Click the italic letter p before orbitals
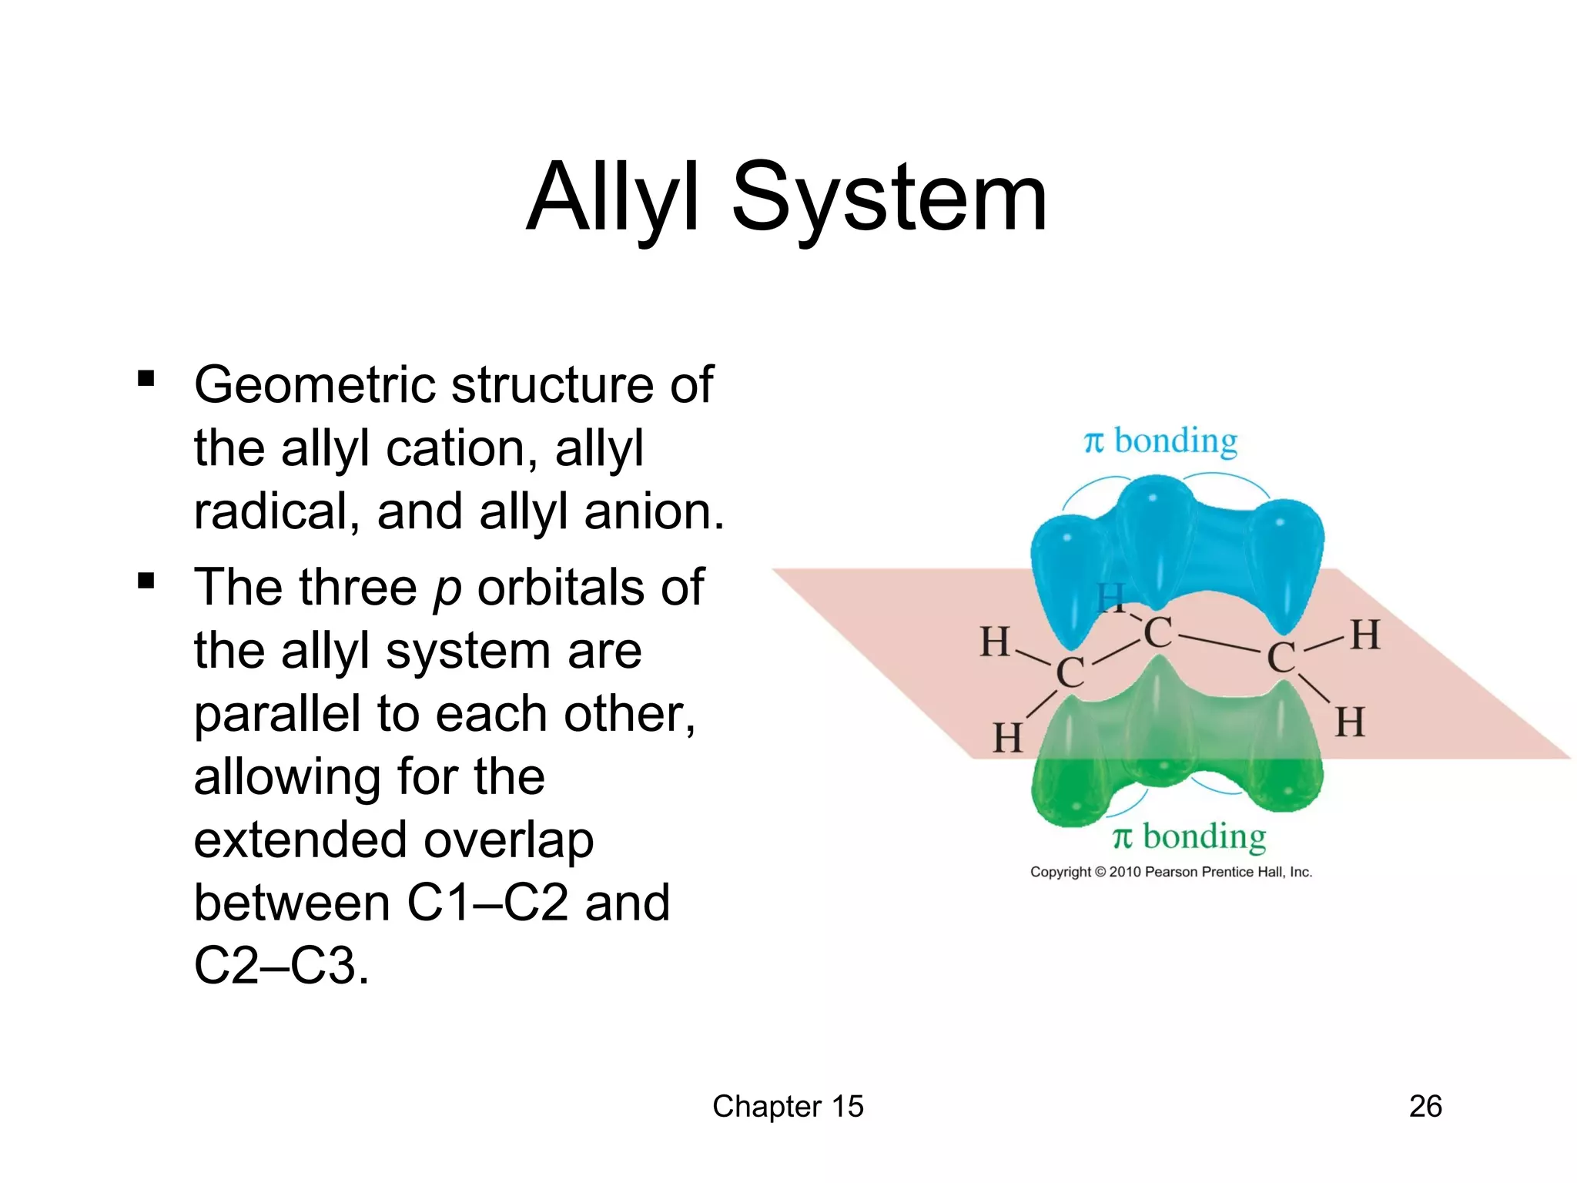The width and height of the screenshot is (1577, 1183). click(447, 588)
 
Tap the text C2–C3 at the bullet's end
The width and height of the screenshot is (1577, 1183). click(281, 966)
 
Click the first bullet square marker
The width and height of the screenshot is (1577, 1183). click(146, 378)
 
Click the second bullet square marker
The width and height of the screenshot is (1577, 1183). click(146, 581)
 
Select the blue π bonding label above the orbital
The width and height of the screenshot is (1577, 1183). click(1161, 441)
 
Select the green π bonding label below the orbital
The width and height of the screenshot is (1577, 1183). click(1189, 836)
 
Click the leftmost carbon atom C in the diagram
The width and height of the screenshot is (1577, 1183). click(1070, 672)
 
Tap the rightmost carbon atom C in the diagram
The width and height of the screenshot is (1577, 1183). click(1281, 658)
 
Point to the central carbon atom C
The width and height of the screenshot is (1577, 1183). click(1158, 633)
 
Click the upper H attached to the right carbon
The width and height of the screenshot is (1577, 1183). click(1366, 635)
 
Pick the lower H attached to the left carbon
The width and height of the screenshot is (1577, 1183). click(1008, 738)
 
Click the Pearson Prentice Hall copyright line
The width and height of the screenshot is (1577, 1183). click(1171, 872)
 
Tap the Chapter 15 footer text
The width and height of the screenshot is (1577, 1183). click(788, 1106)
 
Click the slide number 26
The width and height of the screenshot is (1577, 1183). click(1425, 1106)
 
